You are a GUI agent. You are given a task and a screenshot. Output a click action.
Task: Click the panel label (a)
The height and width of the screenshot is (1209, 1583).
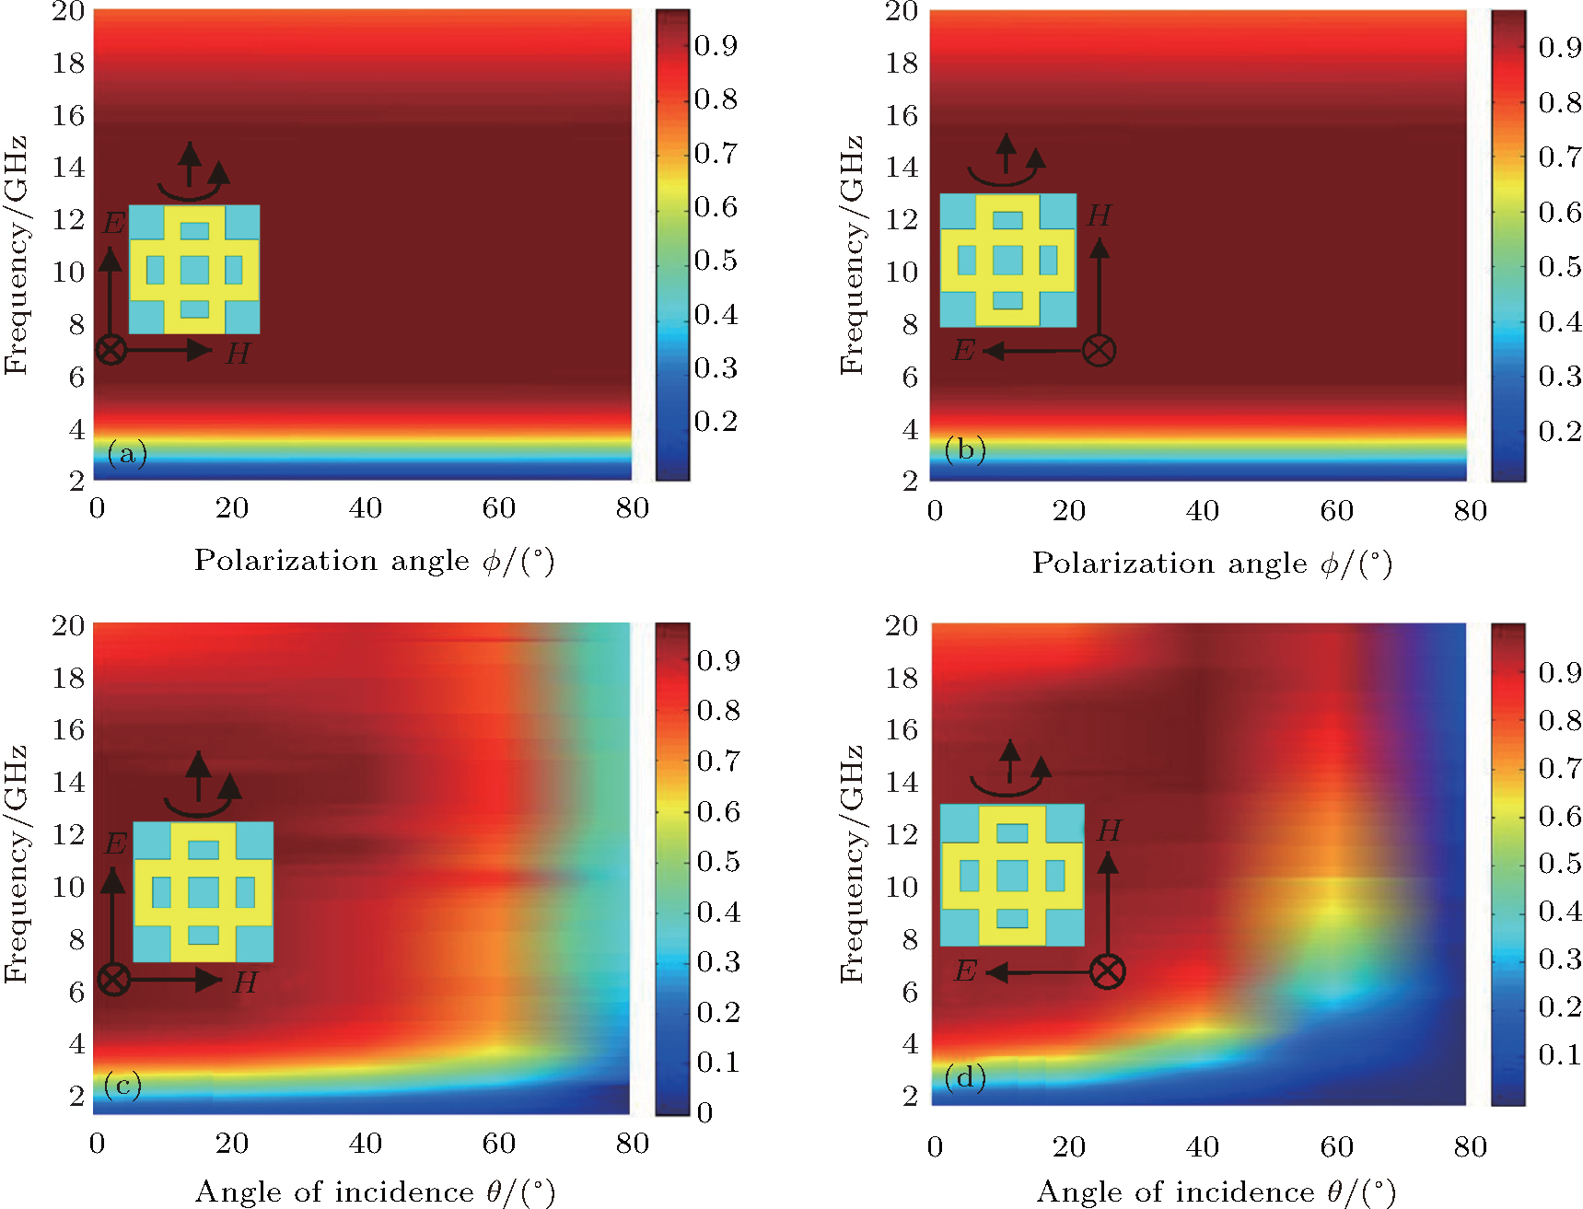(x=127, y=452)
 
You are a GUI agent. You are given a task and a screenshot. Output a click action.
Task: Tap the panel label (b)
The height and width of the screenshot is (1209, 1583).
(x=964, y=448)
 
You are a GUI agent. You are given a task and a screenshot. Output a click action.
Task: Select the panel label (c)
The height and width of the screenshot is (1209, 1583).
(x=122, y=1085)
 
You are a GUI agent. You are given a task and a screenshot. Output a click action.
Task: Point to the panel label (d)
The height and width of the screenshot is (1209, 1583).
(x=964, y=1076)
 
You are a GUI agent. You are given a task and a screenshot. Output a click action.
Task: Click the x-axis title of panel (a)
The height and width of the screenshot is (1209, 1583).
(x=374, y=561)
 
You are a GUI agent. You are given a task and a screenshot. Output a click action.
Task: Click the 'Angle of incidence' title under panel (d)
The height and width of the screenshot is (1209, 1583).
(x=1216, y=1192)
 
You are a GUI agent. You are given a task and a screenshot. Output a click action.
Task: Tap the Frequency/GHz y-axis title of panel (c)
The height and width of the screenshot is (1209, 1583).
(x=16, y=864)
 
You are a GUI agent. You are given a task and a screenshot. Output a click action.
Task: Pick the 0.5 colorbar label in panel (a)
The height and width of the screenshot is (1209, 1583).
(x=716, y=261)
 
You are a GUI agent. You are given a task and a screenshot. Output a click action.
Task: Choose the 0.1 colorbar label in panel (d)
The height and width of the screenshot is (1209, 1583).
(x=1559, y=1054)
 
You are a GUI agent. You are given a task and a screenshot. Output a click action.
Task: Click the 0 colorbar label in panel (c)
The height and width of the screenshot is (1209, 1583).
(x=704, y=1112)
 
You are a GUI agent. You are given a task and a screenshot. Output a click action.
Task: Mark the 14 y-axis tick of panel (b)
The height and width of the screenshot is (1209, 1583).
(x=902, y=168)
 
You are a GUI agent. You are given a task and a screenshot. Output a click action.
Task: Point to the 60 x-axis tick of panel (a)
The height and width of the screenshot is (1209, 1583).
(x=498, y=508)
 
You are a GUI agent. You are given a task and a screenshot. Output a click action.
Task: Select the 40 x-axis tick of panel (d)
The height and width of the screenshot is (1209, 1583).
(x=1202, y=1146)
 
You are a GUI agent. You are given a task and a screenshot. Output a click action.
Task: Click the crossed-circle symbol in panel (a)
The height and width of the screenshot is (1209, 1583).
(x=111, y=350)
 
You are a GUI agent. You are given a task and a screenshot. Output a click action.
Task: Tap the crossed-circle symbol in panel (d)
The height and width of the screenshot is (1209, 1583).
(x=1107, y=971)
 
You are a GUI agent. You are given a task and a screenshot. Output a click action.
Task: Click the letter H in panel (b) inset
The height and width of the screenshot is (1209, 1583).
(x=1099, y=215)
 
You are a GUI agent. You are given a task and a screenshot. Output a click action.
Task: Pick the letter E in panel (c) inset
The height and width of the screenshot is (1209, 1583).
(x=115, y=843)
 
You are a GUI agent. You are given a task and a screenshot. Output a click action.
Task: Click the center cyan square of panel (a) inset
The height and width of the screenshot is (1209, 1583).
(x=194, y=270)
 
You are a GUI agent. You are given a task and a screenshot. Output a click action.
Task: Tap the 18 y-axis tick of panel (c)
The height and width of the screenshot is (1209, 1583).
(x=68, y=678)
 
